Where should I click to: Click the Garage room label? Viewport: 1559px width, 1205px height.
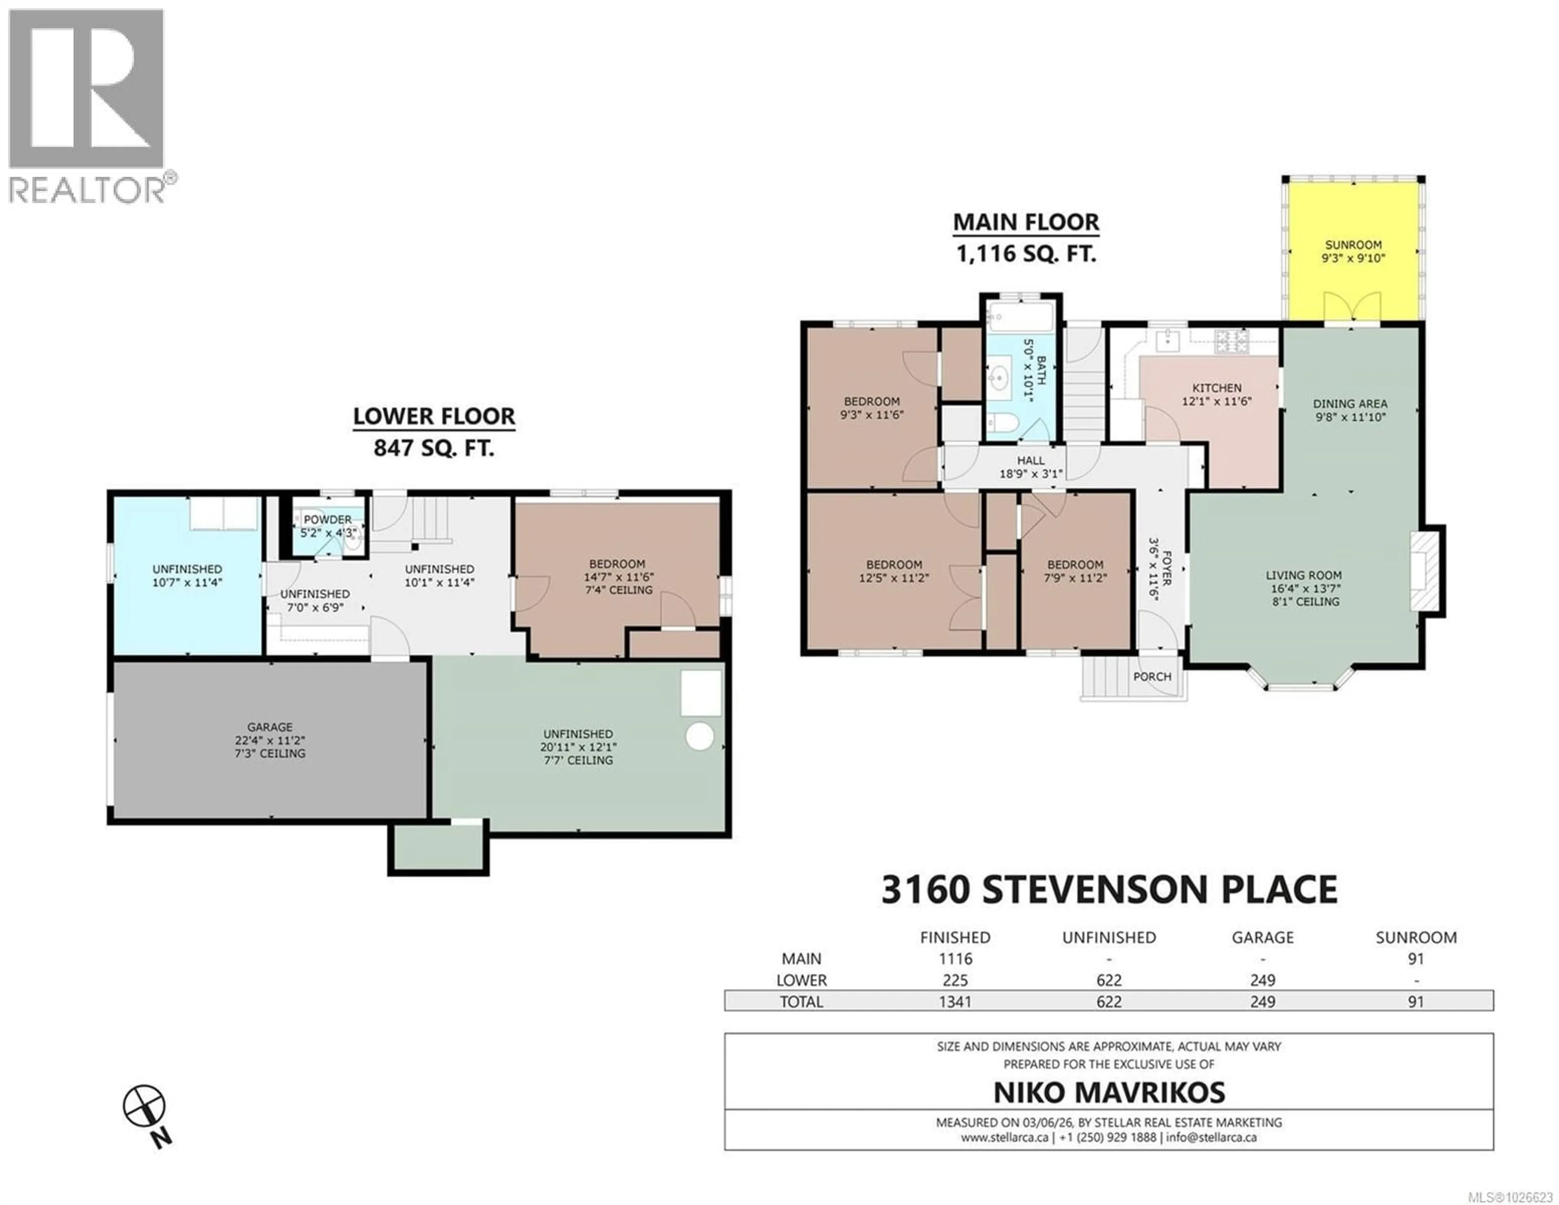270,727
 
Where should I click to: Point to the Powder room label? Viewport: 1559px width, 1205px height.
328,520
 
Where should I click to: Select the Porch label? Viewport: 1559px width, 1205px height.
1151,676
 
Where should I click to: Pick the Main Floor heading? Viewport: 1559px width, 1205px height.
1026,222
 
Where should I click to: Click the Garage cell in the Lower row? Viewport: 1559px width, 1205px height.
1262,980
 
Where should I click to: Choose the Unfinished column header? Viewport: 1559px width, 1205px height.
1109,938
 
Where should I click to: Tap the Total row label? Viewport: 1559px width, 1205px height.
801,1002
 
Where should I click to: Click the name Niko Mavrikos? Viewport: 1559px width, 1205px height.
1109,1092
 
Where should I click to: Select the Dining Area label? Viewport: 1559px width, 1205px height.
1350,404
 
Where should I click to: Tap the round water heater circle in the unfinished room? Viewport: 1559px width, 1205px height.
700,737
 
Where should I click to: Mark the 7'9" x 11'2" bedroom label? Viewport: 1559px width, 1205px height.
1075,578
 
